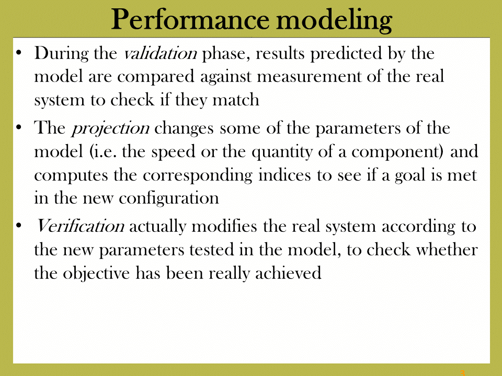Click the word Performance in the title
tap(190, 19)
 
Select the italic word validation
tap(160, 53)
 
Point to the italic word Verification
tap(80, 226)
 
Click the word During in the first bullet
tap(61, 54)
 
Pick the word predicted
tap(346, 54)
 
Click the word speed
tap(173, 152)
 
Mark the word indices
tap(284, 174)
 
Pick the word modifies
tap(224, 226)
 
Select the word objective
tap(96, 274)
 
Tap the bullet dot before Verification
tap(19, 226)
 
